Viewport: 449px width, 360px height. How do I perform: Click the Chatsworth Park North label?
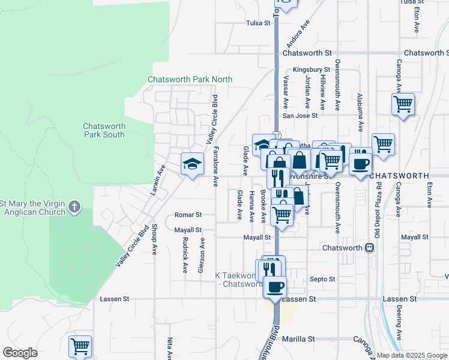(190, 79)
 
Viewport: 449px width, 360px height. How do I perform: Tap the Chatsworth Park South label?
(104, 130)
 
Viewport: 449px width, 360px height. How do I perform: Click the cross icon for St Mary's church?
(74, 207)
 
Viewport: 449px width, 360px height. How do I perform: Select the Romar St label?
(188, 214)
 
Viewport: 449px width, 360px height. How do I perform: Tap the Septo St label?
(322, 279)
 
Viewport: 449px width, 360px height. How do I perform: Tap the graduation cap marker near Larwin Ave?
(191, 163)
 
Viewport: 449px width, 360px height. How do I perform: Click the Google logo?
(20, 353)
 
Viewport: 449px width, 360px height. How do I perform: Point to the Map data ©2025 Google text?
(411, 355)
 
